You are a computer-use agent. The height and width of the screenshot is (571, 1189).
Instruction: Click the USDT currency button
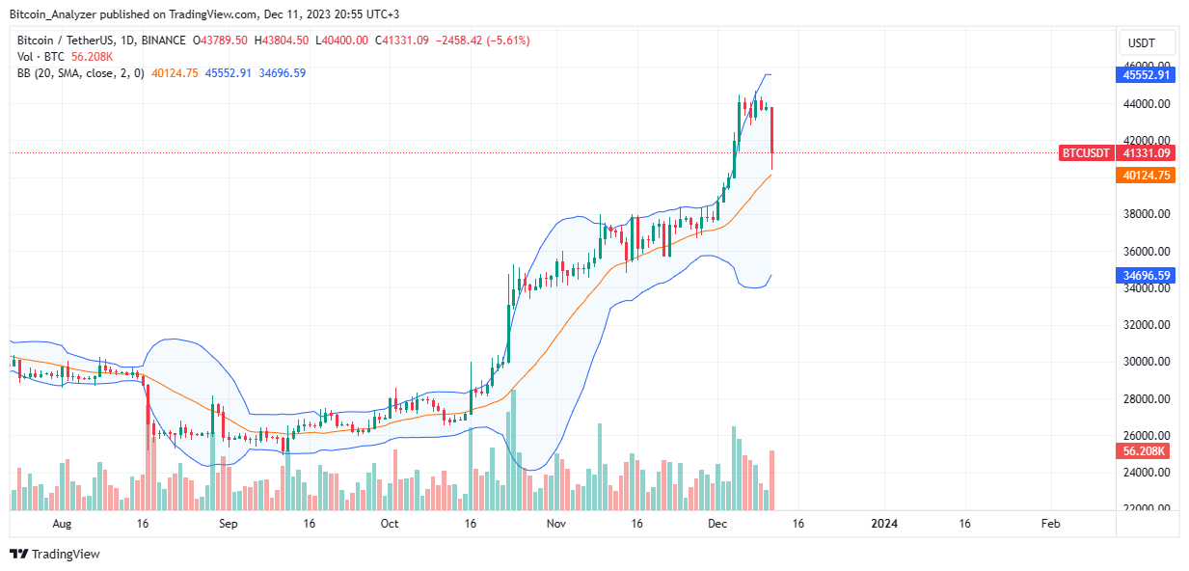1147,42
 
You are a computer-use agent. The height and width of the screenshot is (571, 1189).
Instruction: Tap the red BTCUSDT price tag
1085,153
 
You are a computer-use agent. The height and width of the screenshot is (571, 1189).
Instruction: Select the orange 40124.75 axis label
1146,176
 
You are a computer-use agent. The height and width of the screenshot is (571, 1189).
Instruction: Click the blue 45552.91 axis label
1146,74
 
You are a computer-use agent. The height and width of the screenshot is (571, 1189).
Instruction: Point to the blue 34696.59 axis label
1146,275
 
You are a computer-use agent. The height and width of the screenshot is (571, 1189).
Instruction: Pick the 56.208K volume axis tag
1143,451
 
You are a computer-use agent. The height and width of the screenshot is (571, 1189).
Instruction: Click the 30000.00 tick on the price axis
1147,362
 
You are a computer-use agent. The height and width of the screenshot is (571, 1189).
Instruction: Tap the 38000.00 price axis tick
1147,214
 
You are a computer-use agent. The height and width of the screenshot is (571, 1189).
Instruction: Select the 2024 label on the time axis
884,524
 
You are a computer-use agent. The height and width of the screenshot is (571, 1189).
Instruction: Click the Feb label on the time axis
1050,524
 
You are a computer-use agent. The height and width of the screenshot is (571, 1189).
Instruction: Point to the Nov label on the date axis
555,524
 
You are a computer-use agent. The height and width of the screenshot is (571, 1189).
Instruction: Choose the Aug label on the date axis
62,524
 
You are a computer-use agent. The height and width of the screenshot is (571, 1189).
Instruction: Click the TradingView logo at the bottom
55,554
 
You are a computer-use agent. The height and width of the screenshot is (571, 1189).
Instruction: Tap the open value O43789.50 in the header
220,41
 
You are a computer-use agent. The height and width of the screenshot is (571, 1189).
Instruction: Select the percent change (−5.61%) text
509,41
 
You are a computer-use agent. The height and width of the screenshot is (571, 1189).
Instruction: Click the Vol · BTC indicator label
41,57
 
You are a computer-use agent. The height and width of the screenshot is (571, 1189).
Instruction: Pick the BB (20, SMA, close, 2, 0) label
81,73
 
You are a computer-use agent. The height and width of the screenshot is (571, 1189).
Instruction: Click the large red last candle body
771,130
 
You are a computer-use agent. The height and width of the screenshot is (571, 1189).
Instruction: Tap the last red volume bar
771,480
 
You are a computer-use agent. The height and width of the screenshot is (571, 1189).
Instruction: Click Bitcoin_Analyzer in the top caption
53,14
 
